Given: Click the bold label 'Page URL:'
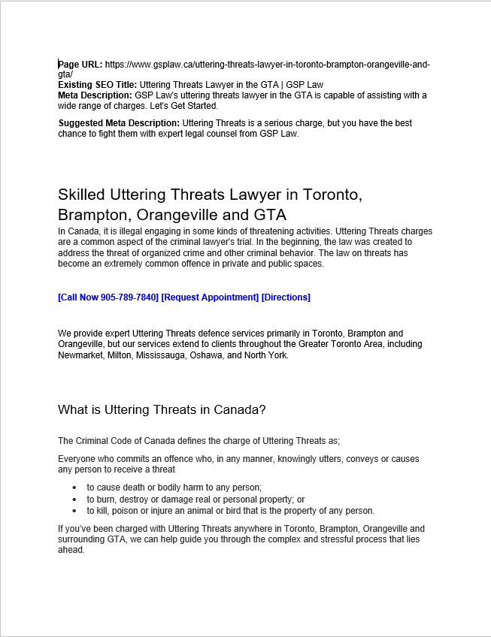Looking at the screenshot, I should click(x=80, y=65).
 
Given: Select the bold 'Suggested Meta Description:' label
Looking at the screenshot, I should click(x=119, y=123).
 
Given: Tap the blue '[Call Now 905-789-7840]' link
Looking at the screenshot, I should click(x=108, y=297).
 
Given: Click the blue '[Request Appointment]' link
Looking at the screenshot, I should click(x=210, y=297).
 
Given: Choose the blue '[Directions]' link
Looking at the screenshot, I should click(x=286, y=297).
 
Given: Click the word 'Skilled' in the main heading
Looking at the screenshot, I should click(x=81, y=195).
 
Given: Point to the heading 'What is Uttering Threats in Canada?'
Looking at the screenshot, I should click(x=162, y=410).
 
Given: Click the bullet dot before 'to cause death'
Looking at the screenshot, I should click(x=74, y=488).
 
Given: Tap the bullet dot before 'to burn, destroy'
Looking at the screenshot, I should click(x=74, y=500).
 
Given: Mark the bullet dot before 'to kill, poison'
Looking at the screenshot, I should click(x=74, y=511).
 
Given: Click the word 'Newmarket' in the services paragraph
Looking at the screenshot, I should click(x=79, y=355).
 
